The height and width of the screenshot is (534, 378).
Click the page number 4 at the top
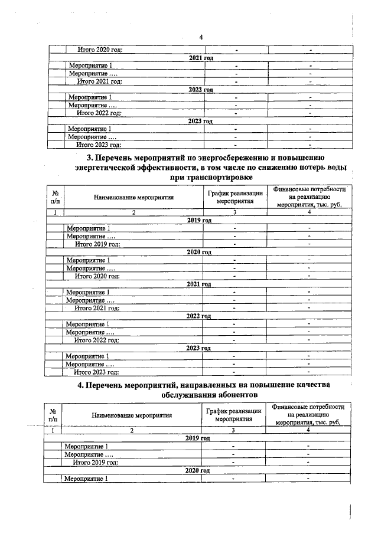point(201,38)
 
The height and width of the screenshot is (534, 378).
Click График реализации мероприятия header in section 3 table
point(234,198)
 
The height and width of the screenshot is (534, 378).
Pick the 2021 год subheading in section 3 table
point(198,284)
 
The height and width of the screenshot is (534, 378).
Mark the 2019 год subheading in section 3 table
point(198,220)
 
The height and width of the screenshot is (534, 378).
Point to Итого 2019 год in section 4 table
point(96,463)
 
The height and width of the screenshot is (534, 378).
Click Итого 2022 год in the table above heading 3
point(99,113)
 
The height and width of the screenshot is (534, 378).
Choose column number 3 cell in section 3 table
point(234,212)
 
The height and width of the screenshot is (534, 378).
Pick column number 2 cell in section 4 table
point(132,431)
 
